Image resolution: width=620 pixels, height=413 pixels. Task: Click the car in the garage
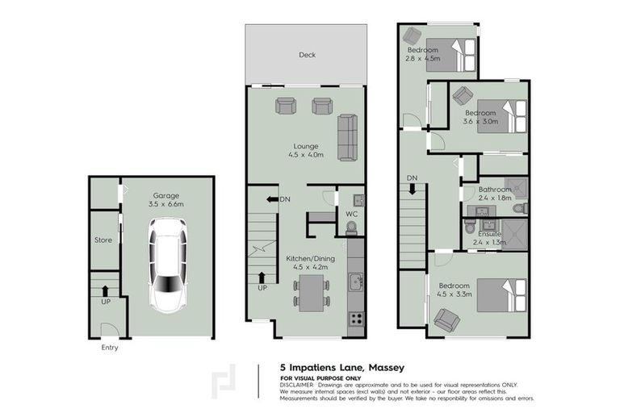point(168,265)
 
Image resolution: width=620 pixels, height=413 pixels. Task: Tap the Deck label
point(307,56)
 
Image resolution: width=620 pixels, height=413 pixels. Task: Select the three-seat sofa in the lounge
point(347,137)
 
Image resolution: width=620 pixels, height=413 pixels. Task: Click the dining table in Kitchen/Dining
point(311,291)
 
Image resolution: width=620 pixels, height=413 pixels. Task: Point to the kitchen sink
point(355,282)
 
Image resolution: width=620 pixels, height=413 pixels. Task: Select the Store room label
point(104,240)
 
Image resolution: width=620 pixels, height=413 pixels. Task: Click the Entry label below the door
point(110,348)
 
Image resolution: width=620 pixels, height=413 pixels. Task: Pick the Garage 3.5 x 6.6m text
point(168,200)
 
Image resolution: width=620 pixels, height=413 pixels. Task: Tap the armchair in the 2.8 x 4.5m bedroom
point(412,35)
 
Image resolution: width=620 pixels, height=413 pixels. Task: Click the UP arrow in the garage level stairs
point(106,292)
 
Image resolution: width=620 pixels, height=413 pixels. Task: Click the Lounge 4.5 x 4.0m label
point(306,151)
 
